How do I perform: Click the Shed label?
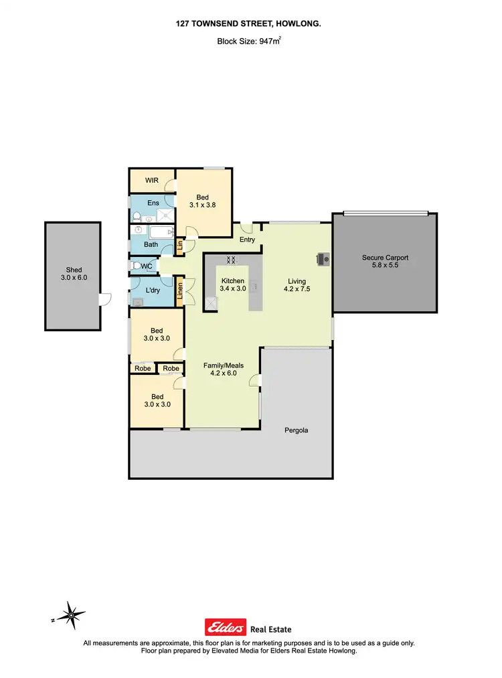73,270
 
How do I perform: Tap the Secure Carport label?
385,258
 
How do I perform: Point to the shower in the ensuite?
163,215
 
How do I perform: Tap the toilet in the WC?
139,266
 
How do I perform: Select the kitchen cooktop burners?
231,260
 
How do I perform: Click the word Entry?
247,240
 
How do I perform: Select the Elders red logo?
225,628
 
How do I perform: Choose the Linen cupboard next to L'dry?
179,291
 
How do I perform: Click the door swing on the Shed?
105,300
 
